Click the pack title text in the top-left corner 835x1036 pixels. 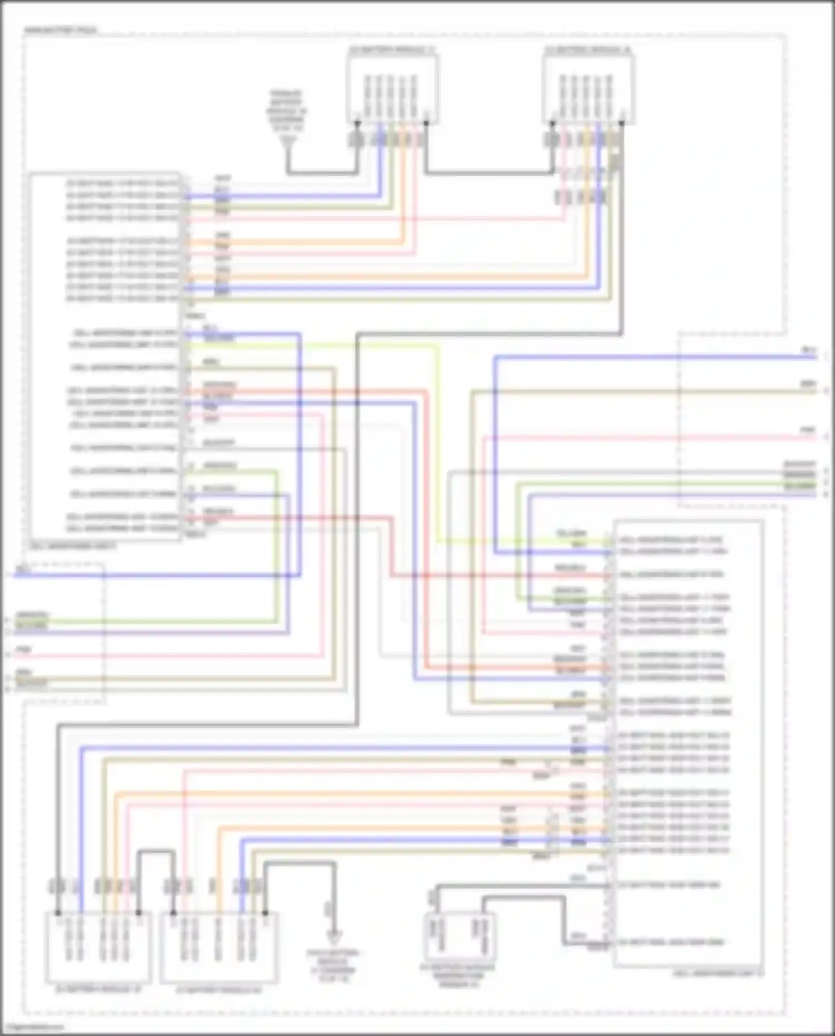click(60, 30)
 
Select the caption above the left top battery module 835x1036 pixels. click(392, 50)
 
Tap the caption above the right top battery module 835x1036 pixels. click(588, 50)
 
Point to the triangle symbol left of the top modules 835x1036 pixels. click(288, 146)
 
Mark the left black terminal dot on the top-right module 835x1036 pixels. click(553, 124)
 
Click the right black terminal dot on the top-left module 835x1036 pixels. click(426, 124)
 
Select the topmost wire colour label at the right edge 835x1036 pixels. click(808, 350)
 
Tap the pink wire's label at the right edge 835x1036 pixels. click(808, 430)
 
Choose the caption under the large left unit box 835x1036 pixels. click(73, 546)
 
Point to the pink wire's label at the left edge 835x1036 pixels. click(23, 650)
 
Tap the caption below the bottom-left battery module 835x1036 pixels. click(98, 989)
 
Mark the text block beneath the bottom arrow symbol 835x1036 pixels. click(333, 965)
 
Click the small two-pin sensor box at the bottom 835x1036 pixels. click(460, 935)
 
